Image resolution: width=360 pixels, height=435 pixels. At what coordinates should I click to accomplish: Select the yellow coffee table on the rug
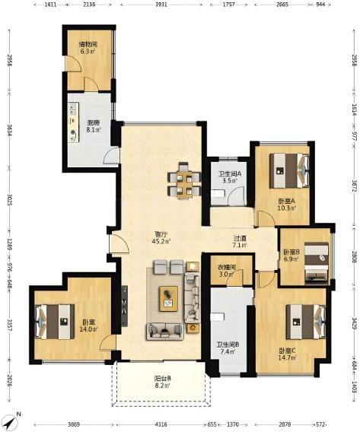(168, 299)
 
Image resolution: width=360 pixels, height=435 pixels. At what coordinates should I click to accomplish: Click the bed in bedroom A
(289, 171)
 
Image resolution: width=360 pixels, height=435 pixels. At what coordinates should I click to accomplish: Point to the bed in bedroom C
(306, 322)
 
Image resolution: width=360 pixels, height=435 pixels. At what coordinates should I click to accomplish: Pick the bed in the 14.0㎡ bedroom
(55, 322)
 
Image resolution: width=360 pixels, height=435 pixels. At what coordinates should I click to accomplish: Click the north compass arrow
(12, 422)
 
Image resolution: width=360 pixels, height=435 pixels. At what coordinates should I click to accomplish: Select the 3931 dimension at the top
(161, 5)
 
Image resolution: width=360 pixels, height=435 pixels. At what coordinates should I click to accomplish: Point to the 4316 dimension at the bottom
(161, 424)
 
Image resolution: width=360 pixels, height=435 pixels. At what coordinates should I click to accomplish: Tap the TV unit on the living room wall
(124, 306)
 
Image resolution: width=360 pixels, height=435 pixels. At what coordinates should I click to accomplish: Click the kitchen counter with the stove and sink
(74, 122)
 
